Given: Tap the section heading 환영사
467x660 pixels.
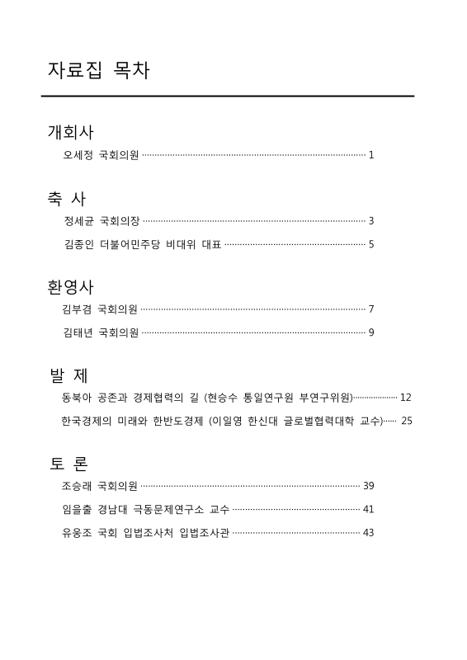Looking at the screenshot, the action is (x=70, y=287).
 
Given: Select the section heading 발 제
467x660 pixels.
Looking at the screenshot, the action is (x=69, y=375).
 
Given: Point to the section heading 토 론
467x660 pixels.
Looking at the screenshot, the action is (x=69, y=463).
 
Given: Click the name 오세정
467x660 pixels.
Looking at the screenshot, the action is (x=78, y=155).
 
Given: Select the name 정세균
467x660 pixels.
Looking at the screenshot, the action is (x=78, y=221).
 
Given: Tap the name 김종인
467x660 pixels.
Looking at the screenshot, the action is (x=78, y=244).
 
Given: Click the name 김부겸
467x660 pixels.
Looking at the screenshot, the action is (x=76, y=309).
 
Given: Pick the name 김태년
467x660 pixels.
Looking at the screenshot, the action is (x=78, y=332).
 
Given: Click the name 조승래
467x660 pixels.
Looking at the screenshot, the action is (x=76, y=486).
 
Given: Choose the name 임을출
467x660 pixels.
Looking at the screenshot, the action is (x=76, y=509).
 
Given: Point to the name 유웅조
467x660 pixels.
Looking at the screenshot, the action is (x=76, y=532).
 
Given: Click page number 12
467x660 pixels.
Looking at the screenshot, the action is (x=405, y=398).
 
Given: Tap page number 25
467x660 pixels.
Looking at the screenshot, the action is (x=406, y=421).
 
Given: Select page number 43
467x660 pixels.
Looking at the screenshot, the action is (x=368, y=532).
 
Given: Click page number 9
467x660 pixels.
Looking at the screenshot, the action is (x=371, y=332).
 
